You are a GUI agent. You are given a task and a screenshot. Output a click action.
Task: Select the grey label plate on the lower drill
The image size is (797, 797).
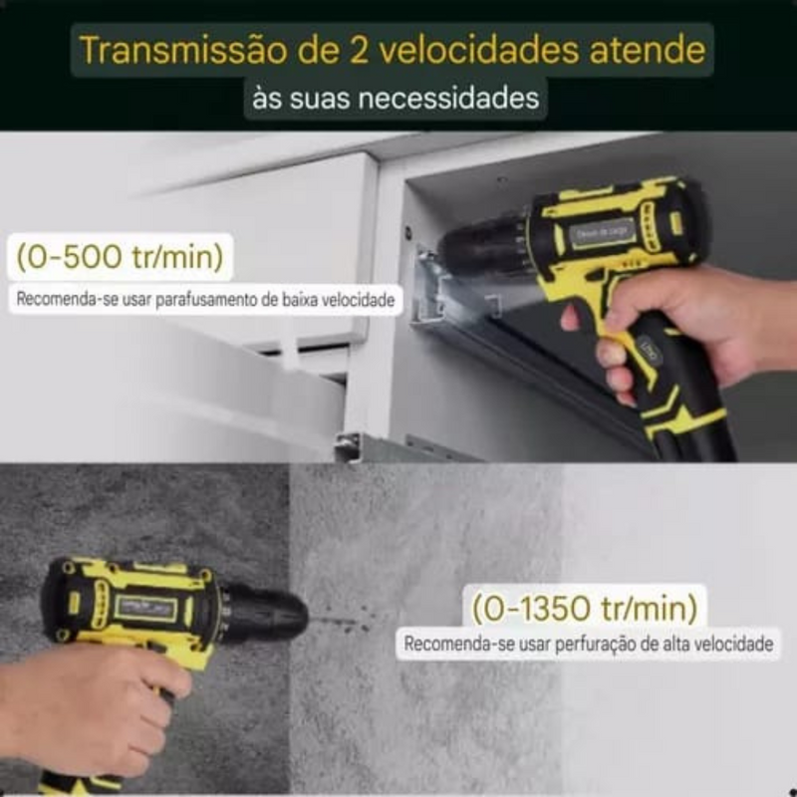[x=146, y=607]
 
